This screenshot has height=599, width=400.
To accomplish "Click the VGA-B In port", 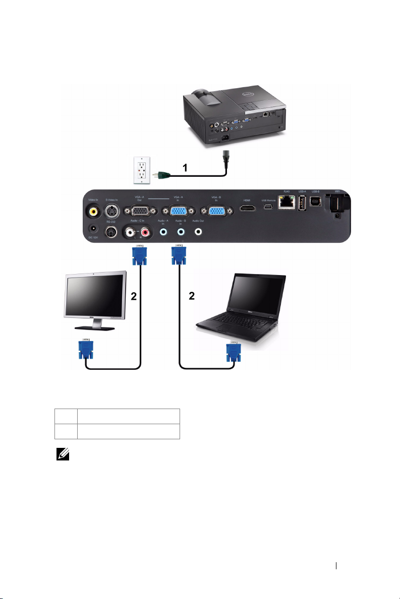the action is (217, 212).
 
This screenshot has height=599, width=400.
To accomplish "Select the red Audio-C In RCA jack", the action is (147, 232).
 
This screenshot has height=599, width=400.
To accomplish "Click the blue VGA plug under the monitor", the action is (85, 349).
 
